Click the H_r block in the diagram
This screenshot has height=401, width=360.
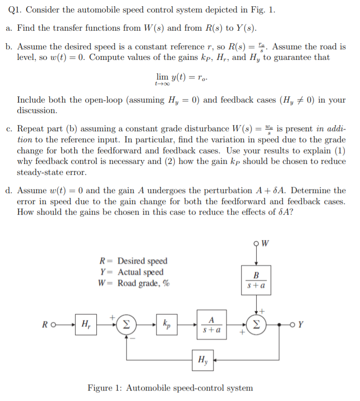click(x=86, y=324)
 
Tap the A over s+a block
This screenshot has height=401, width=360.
click(x=211, y=324)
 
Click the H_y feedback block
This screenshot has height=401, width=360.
click(x=202, y=358)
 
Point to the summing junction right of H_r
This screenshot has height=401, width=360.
click(x=127, y=324)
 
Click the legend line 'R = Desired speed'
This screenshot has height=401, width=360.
click(x=133, y=261)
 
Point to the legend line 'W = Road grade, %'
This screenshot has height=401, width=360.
click(x=133, y=283)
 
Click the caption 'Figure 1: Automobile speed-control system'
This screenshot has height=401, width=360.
click(x=170, y=388)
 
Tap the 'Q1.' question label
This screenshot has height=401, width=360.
click(x=17, y=12)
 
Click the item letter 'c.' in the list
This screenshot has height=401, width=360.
click(x=10, y=129)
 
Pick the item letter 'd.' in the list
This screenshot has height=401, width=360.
click(x=10, y=191)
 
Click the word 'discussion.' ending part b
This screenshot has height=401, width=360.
click(x=37, y=111)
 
